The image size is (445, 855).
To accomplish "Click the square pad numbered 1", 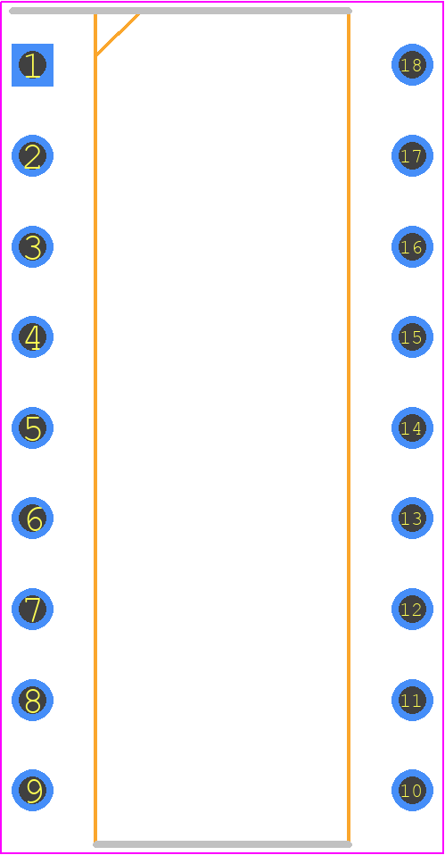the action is pos(33,65).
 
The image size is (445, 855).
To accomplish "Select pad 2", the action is pos(33,156).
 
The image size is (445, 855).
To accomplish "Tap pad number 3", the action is pos(33,246).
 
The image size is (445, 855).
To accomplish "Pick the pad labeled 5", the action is pos(33,428).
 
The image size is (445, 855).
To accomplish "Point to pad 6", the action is pos(33,518).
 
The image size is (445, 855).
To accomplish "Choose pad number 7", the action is pos(33,609).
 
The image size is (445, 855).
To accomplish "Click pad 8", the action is pos(33,700).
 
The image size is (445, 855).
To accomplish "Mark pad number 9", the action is pos(33,790).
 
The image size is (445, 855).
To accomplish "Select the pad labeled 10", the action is pos(412,790).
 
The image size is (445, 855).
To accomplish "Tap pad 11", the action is pos(412,700).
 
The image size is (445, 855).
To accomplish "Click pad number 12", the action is pos(412,609).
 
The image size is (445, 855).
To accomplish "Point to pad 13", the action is pos(412,518).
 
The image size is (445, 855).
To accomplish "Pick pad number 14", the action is pos(412,428).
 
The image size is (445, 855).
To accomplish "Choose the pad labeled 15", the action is pos(412,337).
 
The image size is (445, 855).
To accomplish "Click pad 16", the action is pos(412,246).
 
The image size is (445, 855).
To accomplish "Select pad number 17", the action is pos(412,156).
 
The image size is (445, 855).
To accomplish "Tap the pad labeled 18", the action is pos(412,65).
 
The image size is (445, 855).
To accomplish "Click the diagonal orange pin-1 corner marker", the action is pos(118,34).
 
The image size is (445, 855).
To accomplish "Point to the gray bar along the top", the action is pos(180,11).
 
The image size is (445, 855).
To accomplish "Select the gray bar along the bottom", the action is pos(222,844).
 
